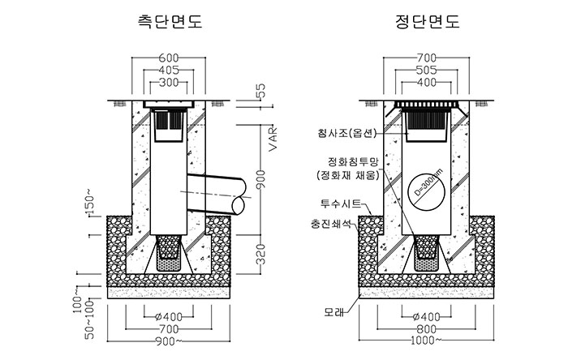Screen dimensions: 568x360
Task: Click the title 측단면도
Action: [170, 21]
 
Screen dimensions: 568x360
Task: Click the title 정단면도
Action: [428, 21]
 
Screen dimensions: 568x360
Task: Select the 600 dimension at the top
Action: [169, 58]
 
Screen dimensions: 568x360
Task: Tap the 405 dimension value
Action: [169, 70]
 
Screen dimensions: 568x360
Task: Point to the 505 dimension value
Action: [426, 70]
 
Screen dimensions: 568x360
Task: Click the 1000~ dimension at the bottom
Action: [426, 340]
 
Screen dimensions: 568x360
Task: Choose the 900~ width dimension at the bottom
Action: [169, 341]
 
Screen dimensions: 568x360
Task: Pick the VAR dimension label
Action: [273, 139]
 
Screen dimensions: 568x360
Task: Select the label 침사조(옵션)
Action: [345, 133]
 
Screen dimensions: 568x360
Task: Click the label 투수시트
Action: [341, 204]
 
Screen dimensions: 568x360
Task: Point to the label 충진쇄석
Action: [331, 224]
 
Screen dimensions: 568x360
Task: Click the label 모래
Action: [334, 312]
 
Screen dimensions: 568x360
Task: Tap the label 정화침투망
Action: [352, 161]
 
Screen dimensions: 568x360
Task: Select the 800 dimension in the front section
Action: [426, 329]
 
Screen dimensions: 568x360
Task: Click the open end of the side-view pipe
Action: [239, 205]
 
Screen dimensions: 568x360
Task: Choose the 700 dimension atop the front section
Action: [426, 58]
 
